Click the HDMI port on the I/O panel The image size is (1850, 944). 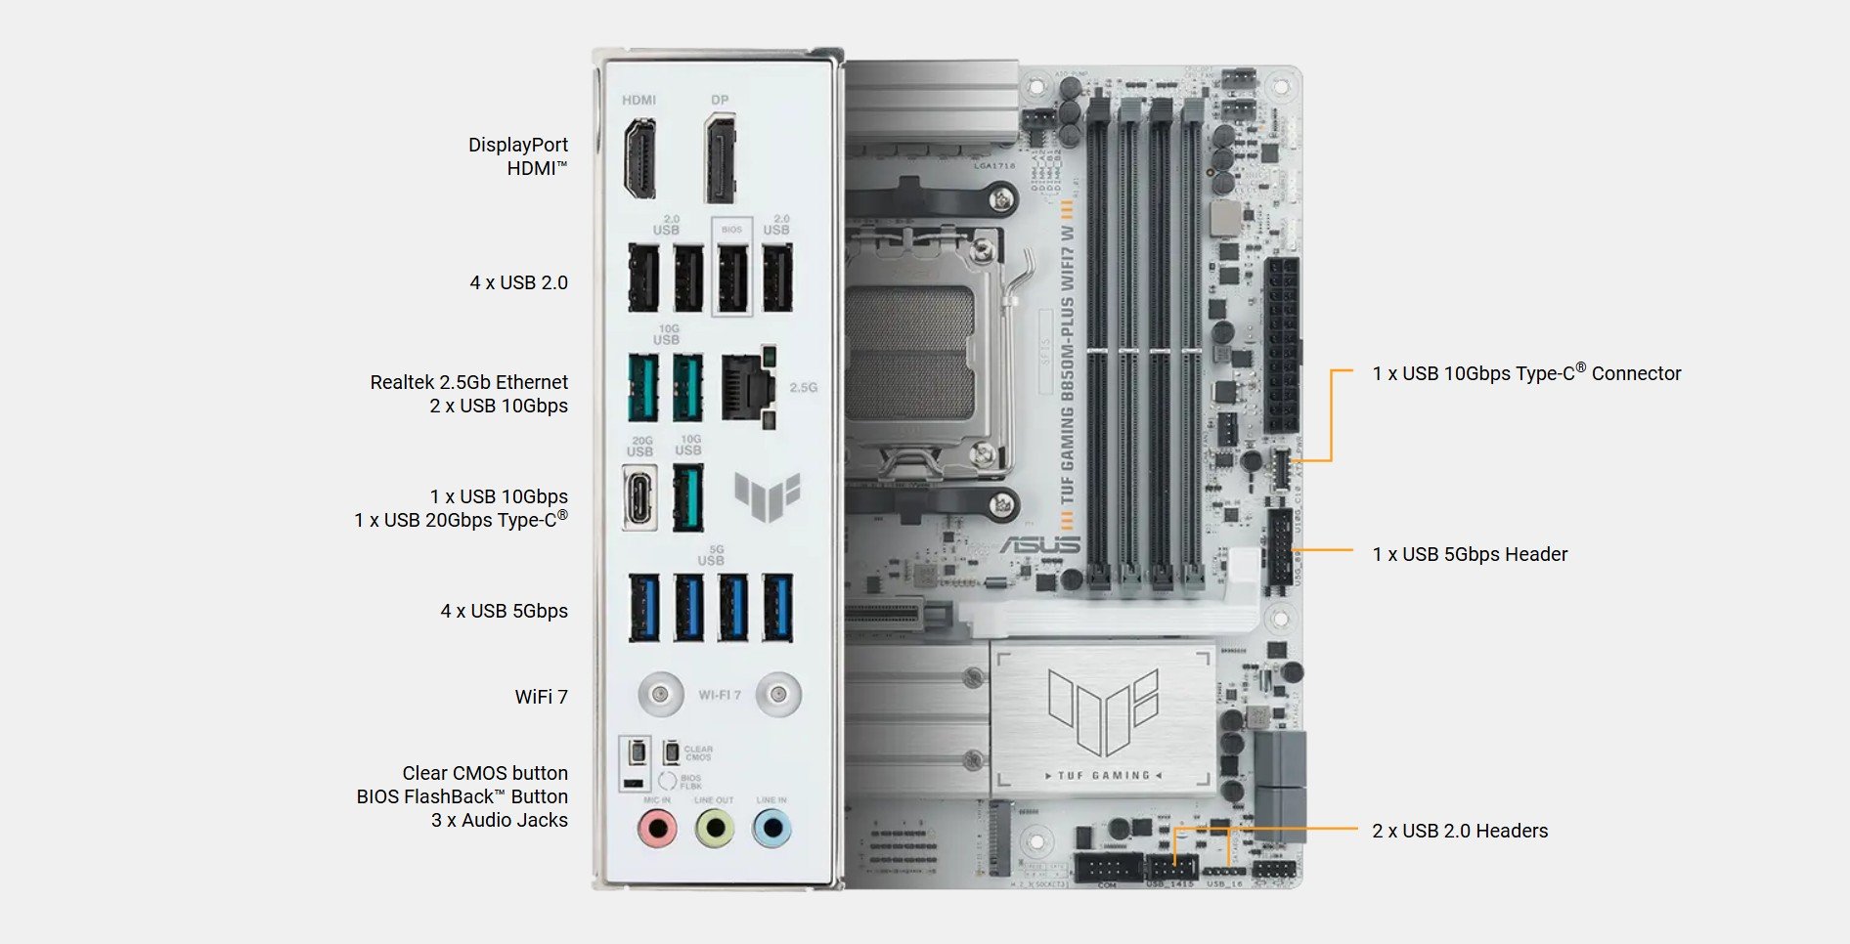click(x=639, y=157)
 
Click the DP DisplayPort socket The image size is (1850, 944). click(x=720, y=157)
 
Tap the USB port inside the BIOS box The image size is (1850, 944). click(x=732, y=278)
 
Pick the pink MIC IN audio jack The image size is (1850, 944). click(x=657, y=830)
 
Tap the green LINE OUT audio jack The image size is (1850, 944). click(x=715, y=830)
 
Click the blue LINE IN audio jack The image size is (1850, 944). click(x=771, y=830)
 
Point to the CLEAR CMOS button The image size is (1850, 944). click(x=672, y=752)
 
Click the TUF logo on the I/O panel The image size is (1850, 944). click(x=768, y=495)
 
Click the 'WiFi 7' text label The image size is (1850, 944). click(x=541, y=697)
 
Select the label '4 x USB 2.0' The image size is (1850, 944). click(x=518, y=282)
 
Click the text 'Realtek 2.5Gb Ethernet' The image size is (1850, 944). click(x=468, y=382)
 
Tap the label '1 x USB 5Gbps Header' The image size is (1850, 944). click(x=1469, y=554)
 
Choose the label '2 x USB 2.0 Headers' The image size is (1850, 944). click(x=1459, y=831)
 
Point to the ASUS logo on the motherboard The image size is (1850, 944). click(x=1039, y=545)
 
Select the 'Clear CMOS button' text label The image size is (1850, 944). click(x=484, y=773)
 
